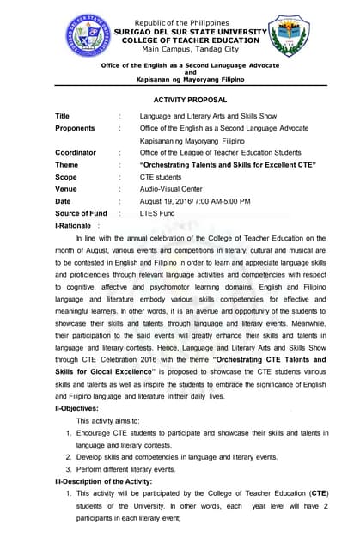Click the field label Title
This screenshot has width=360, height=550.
point(63,116)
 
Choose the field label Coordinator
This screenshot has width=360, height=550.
point(76,152)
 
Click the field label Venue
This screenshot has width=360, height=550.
point(66,188)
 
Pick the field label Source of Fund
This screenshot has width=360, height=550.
point(81,212)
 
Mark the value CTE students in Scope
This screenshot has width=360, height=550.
point(161,176)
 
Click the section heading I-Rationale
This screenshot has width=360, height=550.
point(75,224)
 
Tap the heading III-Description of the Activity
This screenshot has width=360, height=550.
point(107,481)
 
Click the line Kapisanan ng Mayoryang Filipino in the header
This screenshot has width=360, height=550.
point(190,79)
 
